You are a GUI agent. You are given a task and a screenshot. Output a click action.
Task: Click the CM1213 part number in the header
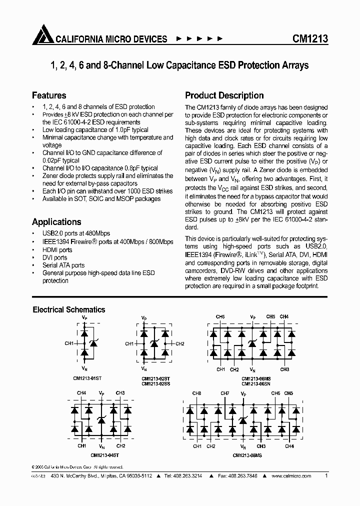coord(310,39)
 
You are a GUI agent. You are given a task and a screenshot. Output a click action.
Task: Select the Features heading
coord(49,95)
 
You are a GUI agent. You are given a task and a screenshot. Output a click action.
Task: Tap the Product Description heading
coord(224,95)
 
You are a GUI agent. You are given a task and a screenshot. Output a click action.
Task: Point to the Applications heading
coord(56,222)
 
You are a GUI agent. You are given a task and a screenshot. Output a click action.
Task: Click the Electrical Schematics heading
coord(68,309)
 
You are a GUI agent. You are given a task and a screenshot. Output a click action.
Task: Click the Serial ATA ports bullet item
coord(63,265)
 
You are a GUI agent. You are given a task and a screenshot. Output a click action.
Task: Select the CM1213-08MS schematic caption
coord(246,455)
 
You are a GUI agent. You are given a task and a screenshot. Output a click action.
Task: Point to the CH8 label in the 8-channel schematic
coord(197,393)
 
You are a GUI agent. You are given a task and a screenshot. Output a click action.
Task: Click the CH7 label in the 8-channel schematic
coord(224,393)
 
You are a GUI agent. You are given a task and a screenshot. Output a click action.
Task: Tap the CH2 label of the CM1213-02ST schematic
coord(180,344)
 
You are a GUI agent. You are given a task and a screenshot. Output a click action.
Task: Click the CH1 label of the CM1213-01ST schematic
coord(69,343)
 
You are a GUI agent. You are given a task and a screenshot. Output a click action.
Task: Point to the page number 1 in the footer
coord(326,476)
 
